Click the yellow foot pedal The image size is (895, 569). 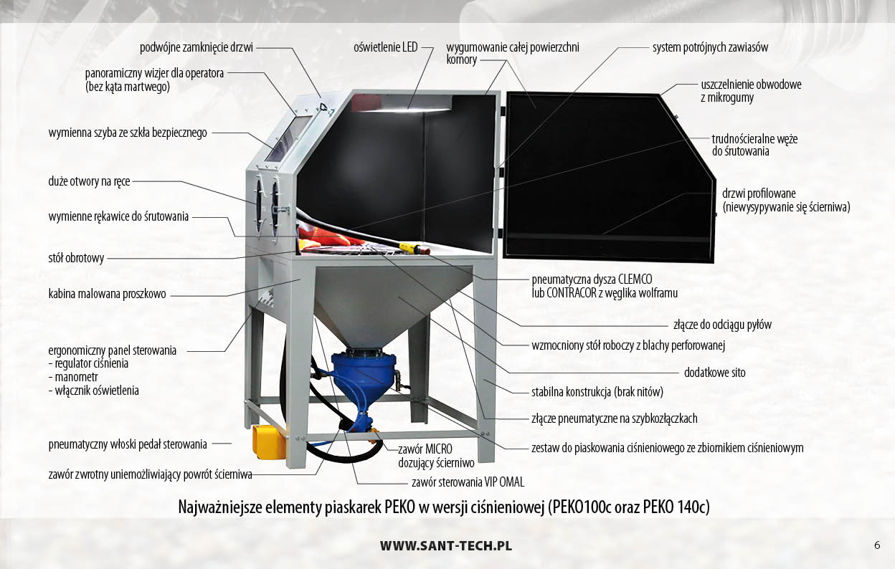pyautogui.click(x=269, y=441)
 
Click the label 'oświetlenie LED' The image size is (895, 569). pyautogui.click(x=386, y=47)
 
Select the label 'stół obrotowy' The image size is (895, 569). pyautogui.click(x=76, y=258)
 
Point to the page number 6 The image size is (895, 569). pyautogui.click(x=877, y=545)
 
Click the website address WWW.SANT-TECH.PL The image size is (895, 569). pyautogui.click(x=446, y=546)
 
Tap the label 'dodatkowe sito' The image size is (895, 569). pyautogui.click(x=715, y=373)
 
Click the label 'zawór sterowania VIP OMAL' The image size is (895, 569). pyautogui.click(x=468, y=482)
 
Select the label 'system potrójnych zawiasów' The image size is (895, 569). pyautogui.click(x=711, y=47)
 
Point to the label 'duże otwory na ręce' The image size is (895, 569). pyautogui.click(x=89, y=182)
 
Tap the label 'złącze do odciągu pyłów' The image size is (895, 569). pyautogui.click(x=722, y=325)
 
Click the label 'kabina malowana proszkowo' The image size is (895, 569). pyautogui.click(x=107, y=295)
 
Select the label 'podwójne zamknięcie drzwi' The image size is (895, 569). pyautogui.click(x=196, y=47)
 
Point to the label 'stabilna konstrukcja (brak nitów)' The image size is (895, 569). pyautogui.click(x=597, y=392)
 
